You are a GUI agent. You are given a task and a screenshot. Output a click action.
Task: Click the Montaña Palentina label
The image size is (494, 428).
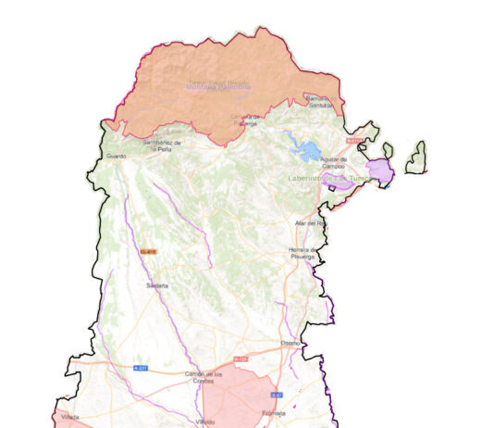tap(218, 87)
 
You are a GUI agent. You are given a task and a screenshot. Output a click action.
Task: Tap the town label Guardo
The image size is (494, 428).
tap(116, 156)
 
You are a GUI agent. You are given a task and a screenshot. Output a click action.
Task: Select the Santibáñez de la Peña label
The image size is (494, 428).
tap(163, 145)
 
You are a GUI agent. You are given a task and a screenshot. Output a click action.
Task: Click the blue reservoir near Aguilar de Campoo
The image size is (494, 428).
tap(305, 149)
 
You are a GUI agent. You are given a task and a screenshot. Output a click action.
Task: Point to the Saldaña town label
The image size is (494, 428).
tap(157, 286)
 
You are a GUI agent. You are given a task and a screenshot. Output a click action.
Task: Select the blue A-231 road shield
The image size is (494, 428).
tap(141, 368)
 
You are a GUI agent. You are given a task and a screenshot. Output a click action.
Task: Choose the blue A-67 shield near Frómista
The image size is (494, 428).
tap(277, 394)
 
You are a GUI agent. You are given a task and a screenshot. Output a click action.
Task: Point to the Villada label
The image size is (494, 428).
tap(69, 418)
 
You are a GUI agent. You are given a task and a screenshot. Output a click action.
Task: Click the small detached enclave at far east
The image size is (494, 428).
tap(418, 157)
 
